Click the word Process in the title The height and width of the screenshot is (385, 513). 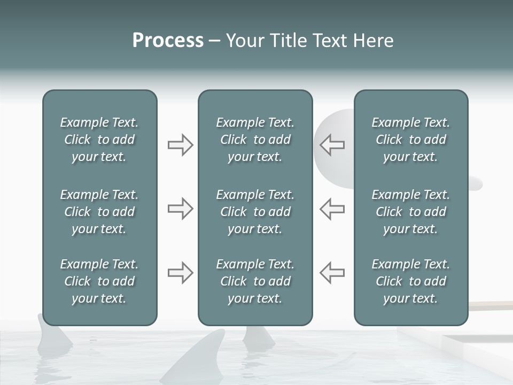click(168, 41)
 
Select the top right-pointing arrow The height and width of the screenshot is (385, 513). click(180, 145)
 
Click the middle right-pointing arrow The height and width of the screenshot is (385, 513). click(180, 209)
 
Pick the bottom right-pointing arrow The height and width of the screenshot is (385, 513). click(180, 273)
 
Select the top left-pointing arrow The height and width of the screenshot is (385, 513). click(332, 145)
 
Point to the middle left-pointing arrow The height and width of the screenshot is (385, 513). click(332, 209)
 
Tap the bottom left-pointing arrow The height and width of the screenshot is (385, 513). click(332, 273)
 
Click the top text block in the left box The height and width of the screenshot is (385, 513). click(99, 140)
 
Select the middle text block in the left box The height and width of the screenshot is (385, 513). click(99, 212)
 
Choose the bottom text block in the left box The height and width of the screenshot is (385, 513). click(99, 281)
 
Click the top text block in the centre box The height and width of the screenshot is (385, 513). click(255, 140)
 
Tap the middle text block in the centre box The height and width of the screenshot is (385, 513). click(255, 212)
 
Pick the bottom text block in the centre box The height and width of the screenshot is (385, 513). click(255, 281)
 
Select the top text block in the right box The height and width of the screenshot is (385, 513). click(410, 140)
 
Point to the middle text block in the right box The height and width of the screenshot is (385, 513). click(410, 212)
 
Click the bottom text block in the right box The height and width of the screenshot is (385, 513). click(410, 281)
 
